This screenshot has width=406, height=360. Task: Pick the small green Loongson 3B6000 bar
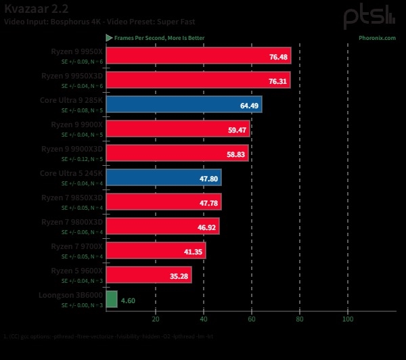coord(112,298)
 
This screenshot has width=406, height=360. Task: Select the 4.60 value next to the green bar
coord(128,299)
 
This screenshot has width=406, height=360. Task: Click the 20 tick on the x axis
coord(156,319)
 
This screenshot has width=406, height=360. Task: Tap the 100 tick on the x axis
coord(348,319)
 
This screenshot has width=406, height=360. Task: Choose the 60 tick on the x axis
coord(252,319)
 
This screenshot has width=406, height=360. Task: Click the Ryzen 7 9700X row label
coord(76,246)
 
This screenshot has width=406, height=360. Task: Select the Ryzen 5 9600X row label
coord(76,270)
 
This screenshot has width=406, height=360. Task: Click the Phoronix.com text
coord(377,38)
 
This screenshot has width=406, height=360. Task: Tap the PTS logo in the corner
coord(369,16)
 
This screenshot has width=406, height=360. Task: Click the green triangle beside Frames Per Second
coord(109,38)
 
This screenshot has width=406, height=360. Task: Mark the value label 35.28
coord(179,276)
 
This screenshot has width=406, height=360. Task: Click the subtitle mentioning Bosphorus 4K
coord(99,21)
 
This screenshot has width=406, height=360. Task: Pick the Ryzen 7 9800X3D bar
coord(163,226)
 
